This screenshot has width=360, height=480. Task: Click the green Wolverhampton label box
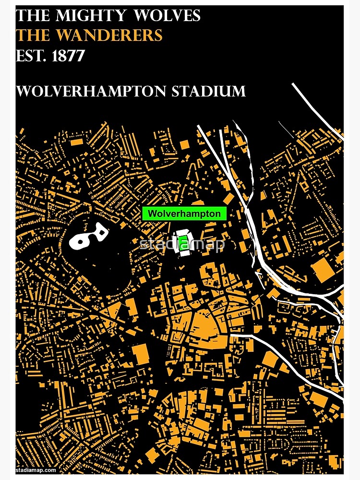click(x=184, y=214)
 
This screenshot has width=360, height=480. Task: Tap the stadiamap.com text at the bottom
click(x=36, y=470)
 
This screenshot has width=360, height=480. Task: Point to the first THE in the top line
click(x=33, y=16)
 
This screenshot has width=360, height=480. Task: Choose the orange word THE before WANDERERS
click(x=33, y=36)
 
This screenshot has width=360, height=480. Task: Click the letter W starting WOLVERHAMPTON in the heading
click(x=22, y=91)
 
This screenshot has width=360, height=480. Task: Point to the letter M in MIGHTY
click(x=63, y=16)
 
